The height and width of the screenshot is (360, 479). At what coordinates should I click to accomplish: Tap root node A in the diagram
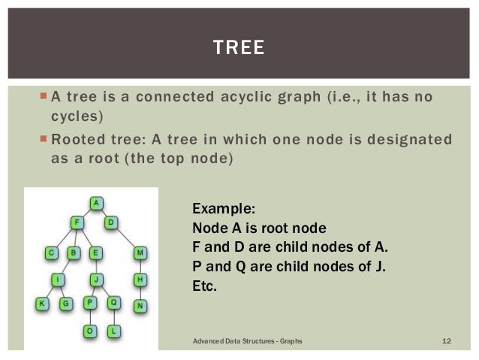[x=96, y=203]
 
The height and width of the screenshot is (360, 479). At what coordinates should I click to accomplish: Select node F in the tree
[x=77, y=223]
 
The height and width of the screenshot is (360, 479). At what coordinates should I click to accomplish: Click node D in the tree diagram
[x=110, y=223]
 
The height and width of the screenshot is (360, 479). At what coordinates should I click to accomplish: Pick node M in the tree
[x=140, y=253]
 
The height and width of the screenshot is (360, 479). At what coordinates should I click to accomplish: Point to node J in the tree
[x=96, y=279]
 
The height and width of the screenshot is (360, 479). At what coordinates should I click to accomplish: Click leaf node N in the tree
[x=140, y=305]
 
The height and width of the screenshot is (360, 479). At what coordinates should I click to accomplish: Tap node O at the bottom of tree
[x=89, y=330]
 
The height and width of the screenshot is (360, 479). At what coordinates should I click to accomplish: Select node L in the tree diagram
[x=113, y=330]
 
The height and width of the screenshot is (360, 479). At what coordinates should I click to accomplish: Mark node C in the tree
[x=52, y=253]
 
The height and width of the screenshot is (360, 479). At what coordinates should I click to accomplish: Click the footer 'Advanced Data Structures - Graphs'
[x=248, y=342]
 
